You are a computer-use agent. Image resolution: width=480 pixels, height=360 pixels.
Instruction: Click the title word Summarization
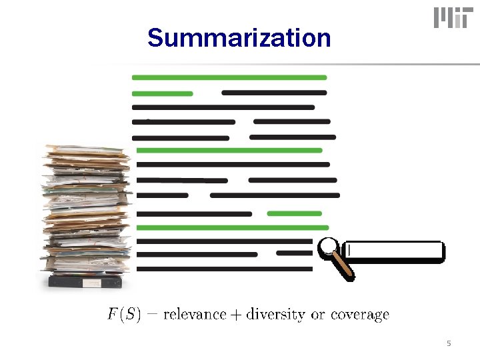click(x=239, y=38)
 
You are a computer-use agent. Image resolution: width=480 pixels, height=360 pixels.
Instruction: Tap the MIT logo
click(x=451, y=18)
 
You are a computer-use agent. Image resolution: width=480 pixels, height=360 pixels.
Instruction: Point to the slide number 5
click(x=449, y=343)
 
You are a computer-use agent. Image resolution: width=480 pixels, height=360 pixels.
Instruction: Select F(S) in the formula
click(x=124, y=315)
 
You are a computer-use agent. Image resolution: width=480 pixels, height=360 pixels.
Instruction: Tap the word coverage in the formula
click(x=360, y=315)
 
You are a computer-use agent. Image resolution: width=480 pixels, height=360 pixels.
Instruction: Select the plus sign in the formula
click(x=236, y=315)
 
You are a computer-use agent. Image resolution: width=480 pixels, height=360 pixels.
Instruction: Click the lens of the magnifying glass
click(x=327, y=247)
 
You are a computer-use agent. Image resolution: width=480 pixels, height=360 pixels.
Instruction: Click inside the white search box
click(x=397, y=251)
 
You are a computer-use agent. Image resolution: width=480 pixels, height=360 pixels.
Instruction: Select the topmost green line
click(x=229, y=78)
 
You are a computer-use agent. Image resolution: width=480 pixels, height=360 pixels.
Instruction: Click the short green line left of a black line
click(x=163, y=93)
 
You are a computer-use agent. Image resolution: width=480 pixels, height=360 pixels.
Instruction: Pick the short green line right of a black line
click(x=294, y=213)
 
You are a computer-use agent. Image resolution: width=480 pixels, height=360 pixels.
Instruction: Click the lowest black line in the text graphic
click(x=224, y=269)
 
